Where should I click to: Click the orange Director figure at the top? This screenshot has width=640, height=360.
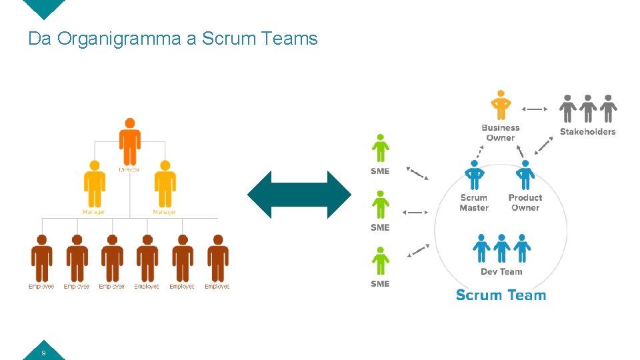coord(130,142)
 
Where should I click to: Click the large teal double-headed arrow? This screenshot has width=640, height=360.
coord(299,195)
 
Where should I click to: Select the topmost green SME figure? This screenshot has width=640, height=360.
coord(380,149)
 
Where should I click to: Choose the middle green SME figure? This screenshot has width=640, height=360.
coord(380,205)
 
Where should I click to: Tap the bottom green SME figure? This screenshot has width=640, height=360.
coord(380,261)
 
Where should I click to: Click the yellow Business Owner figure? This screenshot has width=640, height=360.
coord(500,105)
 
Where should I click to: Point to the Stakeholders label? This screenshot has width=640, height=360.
coord(587,131)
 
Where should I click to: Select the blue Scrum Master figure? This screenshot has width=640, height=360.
coord(474,175)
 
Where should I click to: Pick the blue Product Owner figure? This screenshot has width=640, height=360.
coord(525,175)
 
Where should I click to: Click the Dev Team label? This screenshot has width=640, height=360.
coord(501,271)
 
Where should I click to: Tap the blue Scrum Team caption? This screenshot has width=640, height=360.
coord(501,295)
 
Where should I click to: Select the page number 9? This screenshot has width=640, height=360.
coord(43,353)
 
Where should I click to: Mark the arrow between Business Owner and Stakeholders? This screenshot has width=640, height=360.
coord(534,109)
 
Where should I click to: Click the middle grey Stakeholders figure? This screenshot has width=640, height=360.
coord(588,109)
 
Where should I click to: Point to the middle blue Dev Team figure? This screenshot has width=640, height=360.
coord(501,248)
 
